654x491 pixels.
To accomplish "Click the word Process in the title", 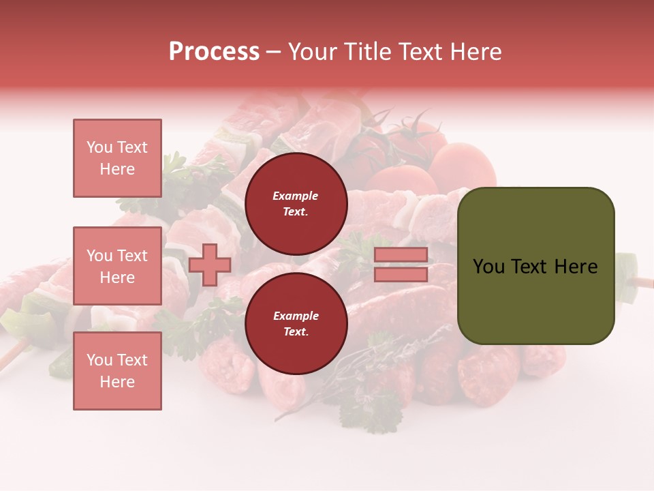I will pyautogui.click(x=214, y=52).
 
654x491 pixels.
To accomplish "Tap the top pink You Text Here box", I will pyautogui.click(x=117, y=158).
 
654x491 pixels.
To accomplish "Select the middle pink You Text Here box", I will pyautogui.click(x=117, y=266).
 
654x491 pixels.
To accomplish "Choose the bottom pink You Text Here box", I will pyautogui.click(x=117, y=371).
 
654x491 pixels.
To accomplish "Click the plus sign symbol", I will pyautogui.click(x=209, y=265).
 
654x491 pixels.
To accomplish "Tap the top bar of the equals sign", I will pyautogui.click(x=401, y=255).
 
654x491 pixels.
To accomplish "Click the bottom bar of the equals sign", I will pyautogui.click(x=401, y=274).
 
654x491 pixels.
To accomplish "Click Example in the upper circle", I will pyautogui.click(x=295, y=196).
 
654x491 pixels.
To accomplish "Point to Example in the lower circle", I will pyautogui.click(x=295, y=316).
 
